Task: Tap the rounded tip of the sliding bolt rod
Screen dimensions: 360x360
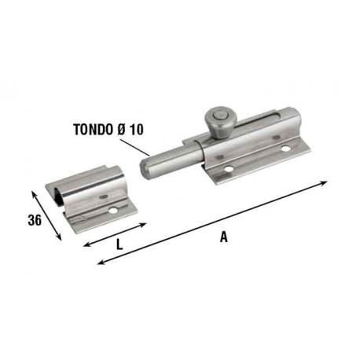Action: point(147,169)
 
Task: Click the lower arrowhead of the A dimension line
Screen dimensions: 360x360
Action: point(99,263)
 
